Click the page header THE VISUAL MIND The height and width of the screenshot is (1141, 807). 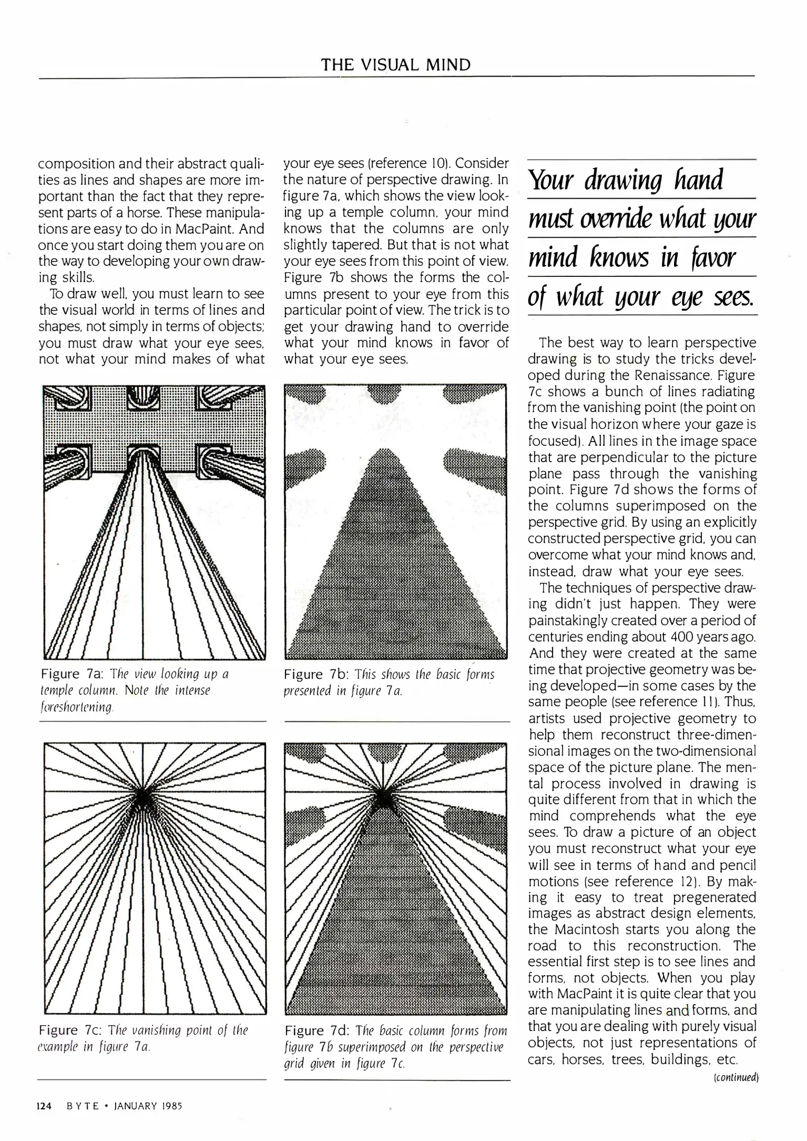pyautogui.click(x=396, y=65)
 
